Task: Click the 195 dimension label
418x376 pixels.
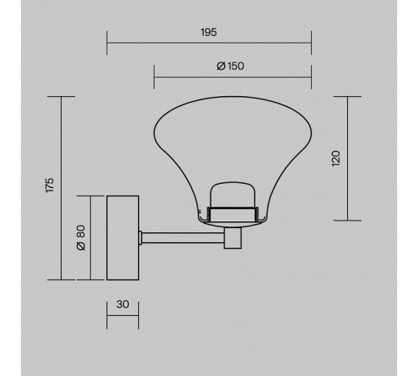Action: click(x=209, y=33)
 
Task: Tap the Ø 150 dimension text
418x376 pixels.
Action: click(x=231, y=66)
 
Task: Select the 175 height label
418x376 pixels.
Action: click(x=49, y=185)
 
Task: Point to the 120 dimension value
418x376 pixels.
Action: click(x=336, y=158)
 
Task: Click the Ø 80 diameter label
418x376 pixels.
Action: click(x=81, y=237)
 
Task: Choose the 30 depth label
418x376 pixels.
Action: click(x=123, y=304)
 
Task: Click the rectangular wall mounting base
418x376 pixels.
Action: click(x=123, y=238)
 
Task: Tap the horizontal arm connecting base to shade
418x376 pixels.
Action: click(x=183, y=238)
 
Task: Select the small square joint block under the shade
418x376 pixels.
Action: click(x=232, y=238)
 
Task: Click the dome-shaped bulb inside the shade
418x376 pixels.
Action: click(x=232, y=195)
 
